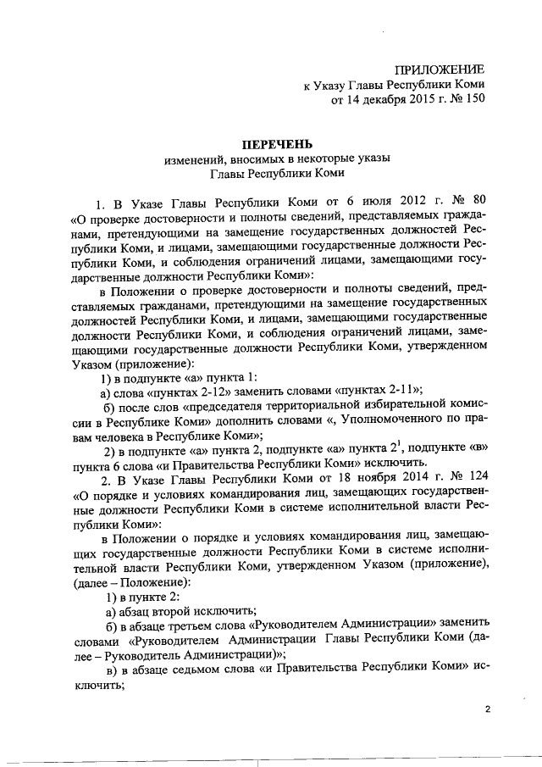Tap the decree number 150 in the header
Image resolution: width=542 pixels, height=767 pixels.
pyautogui.click(x=473, y=101)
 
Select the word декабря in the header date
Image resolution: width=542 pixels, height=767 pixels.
pyautogui.click(x=379, y=101)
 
